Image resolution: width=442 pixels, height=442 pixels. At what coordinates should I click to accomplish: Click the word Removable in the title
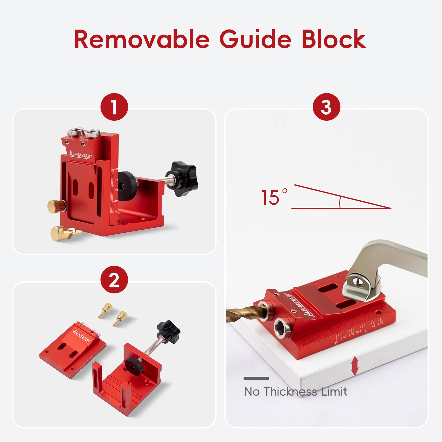(142, 40)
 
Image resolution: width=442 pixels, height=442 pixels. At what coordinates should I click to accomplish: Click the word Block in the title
(334, 40)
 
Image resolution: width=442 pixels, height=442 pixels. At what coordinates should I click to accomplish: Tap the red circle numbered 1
(114, 107)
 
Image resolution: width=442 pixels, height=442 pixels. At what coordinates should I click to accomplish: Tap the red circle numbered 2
(114, 280)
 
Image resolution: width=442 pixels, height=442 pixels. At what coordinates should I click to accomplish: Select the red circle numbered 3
(326, 107)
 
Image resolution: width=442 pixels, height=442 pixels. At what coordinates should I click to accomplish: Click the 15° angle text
(273, 197)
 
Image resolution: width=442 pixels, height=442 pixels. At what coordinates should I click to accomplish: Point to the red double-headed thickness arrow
(355, 366)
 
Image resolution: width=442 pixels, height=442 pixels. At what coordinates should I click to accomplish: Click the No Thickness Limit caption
(296, 391)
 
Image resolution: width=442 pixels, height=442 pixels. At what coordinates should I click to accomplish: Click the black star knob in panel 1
(184, 179)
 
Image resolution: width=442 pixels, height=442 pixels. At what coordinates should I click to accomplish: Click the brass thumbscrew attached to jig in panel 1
(55, 206)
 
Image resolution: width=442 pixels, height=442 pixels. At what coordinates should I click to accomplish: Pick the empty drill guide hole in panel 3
(282, 328)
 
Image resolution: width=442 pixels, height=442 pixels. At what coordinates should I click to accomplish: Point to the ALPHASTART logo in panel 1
(80, 154)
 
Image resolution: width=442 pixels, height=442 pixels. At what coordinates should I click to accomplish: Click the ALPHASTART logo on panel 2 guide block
(81, 335)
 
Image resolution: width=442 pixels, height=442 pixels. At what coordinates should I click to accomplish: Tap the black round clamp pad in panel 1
(128, 186)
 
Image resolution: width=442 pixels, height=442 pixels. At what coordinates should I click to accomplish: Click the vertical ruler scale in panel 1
(114, 191)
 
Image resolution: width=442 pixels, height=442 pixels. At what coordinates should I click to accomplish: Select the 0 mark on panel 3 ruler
(336, 343)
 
